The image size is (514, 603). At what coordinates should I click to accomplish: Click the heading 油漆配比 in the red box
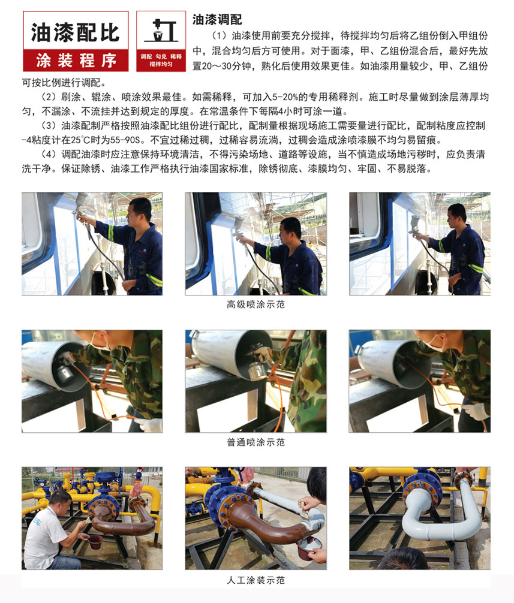coord(76,32)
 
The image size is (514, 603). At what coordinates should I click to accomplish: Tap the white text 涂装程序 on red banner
coord(76,61)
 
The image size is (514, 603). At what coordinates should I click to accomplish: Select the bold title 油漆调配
coord(217,20)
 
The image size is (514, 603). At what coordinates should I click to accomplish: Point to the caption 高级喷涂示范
coord(256,304)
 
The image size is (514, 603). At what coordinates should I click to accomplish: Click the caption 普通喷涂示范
coord(256,442)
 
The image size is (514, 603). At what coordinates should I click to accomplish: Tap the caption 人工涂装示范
coord(256,580)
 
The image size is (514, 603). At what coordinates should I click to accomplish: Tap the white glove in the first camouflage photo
coord(149,424)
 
